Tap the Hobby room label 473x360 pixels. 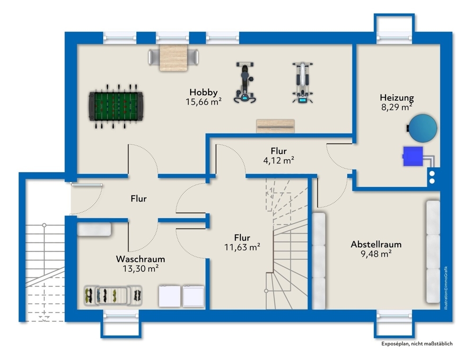coord(203,92)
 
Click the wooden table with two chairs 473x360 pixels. coord(174,57)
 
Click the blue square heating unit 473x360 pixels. coord(412,157)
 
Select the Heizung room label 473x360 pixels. coord(396,98)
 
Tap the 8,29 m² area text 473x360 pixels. coord(396,107)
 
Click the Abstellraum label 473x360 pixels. coord(376,244)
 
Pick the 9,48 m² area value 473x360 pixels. coord(376,253)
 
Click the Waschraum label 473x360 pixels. coord(140,259)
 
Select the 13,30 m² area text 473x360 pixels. coord(140,268)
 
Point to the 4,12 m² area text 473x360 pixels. coord(279,160)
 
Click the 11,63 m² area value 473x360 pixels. coord(242,246)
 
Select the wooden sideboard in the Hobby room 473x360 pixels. coord(275,126)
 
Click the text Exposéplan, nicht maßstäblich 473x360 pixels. coord(417,344)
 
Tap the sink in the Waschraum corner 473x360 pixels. coord(94,229)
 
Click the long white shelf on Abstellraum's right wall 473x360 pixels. coord(433,251)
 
